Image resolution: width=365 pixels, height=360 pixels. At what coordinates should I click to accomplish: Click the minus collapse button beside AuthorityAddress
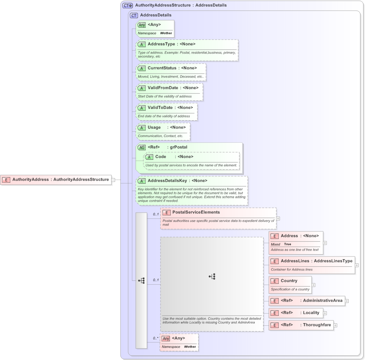(113, 180)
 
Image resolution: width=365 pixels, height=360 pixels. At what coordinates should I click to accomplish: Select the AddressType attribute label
(161, 44)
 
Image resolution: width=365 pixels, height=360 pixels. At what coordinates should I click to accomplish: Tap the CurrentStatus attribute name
(162, 68)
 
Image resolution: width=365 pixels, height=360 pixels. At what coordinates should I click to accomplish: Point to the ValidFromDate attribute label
(163, 88)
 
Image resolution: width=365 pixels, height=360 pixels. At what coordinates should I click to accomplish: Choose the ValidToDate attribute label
(160, 108)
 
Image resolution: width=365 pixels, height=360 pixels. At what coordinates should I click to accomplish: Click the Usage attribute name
(154, 127)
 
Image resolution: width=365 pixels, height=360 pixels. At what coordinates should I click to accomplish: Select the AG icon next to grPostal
(141, 147)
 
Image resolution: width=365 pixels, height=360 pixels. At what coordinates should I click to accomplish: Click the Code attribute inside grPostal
(161, 157)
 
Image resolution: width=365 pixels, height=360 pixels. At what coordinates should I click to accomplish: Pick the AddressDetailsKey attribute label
(167, 181)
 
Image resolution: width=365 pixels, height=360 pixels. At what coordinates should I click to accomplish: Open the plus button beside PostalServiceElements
(278, 218)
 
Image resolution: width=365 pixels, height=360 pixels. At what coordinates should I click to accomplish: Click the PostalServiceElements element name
(196, 212)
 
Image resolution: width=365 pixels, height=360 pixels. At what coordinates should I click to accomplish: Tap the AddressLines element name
(295, 261)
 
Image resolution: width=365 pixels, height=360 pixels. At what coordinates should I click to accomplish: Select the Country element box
(290, 285)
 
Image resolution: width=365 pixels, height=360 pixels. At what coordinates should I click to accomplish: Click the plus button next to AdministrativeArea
(347, 301)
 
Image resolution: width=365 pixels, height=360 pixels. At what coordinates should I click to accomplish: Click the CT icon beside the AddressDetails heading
(134, 15)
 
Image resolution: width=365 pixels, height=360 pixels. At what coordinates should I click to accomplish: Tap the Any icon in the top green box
(141, 25)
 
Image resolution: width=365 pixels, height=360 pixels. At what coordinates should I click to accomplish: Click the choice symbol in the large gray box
(212, 277)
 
